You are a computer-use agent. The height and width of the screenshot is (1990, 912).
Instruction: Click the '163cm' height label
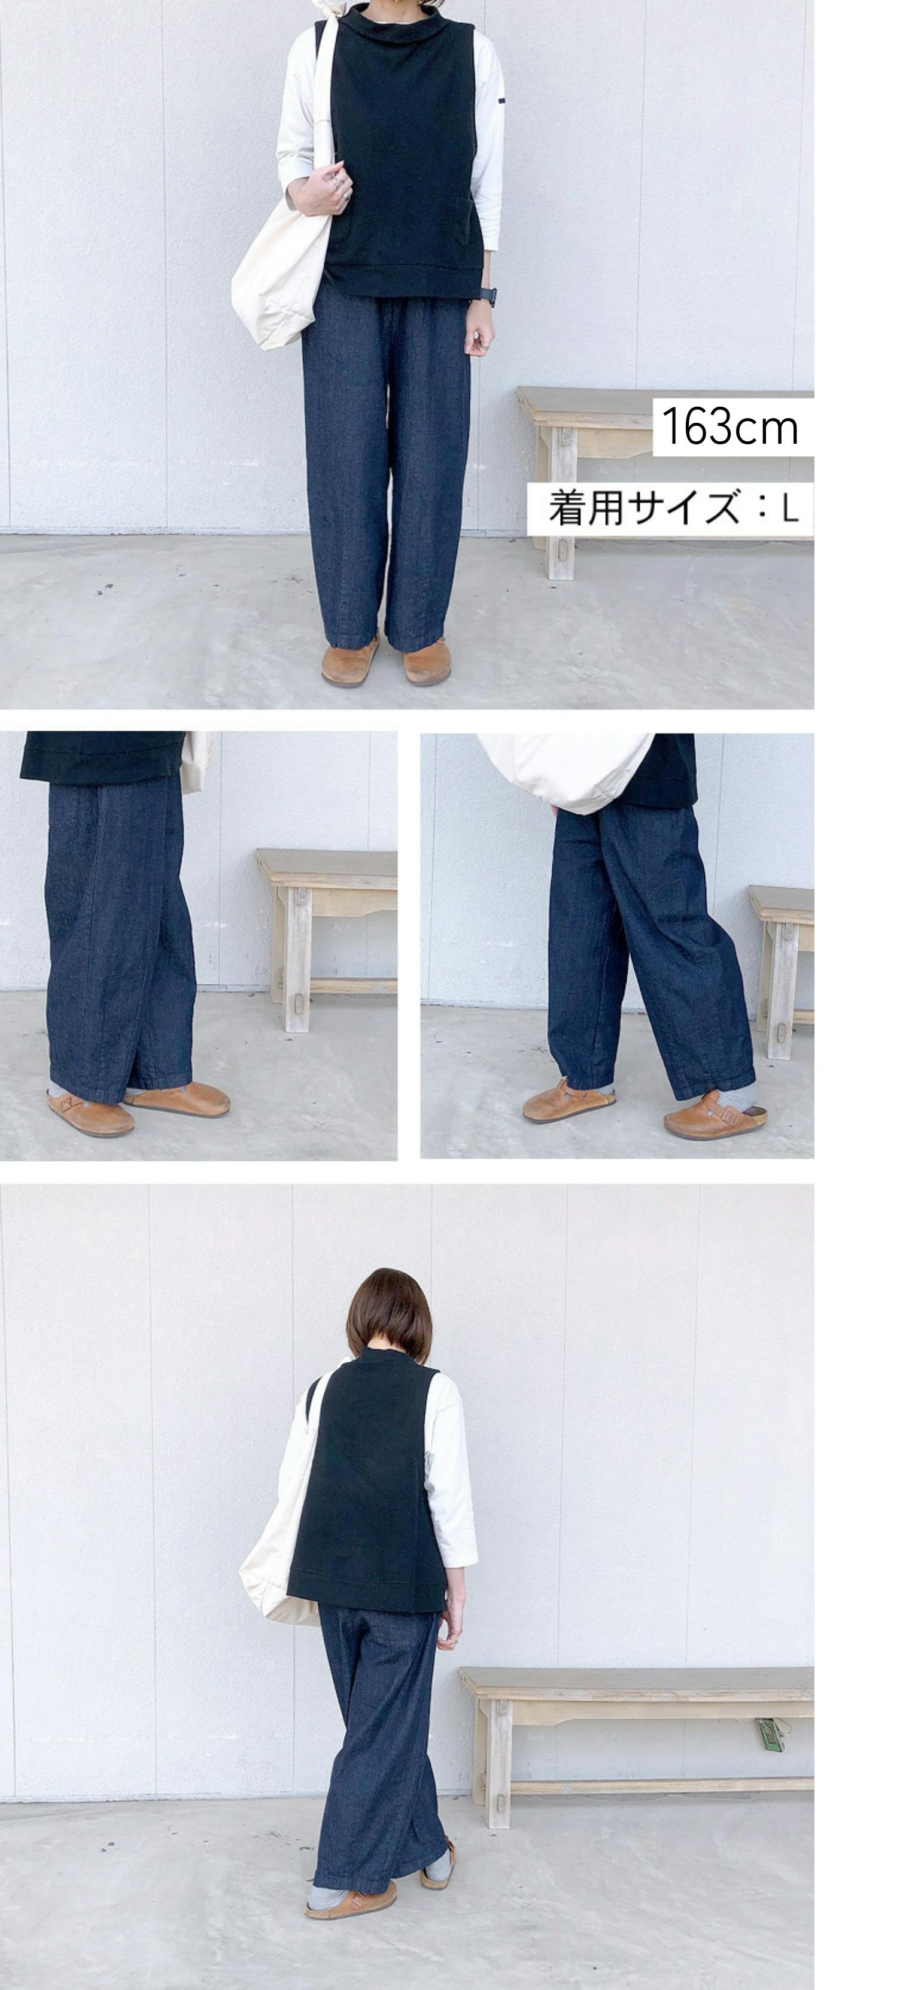[729, 426]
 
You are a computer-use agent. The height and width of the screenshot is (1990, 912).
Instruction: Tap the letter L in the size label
[789, 508]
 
